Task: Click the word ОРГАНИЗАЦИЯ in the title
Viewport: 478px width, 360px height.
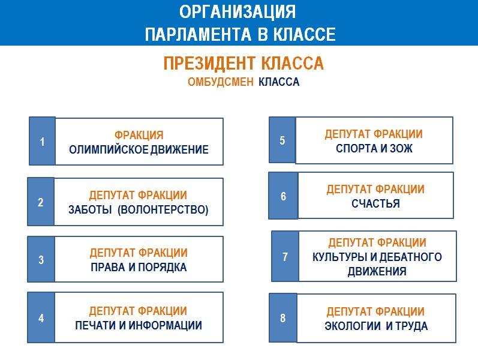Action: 238,12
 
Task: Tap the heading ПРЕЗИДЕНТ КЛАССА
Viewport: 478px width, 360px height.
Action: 243,64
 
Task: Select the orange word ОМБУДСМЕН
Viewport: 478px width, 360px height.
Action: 220,82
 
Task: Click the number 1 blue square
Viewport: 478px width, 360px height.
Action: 42,141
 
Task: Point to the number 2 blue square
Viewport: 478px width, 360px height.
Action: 41,202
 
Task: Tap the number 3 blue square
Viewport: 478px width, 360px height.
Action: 41,259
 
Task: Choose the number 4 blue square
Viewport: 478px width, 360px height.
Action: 41,317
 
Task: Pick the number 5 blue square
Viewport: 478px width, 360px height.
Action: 282,140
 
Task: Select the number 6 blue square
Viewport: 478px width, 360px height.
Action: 283,196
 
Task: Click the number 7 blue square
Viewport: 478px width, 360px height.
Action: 285,256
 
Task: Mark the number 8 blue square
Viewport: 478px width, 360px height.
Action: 283,318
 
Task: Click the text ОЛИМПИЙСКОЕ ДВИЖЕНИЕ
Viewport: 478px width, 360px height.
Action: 139,150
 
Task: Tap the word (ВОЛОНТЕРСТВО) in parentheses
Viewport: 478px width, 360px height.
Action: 163,210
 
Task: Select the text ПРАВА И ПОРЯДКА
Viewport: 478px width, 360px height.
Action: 139,267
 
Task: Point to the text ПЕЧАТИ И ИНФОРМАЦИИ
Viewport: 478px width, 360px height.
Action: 139,325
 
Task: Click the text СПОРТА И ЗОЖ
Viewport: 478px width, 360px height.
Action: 374,149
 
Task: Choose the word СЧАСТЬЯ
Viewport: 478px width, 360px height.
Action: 375,203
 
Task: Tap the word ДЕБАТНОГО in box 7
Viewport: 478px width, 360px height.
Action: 411,257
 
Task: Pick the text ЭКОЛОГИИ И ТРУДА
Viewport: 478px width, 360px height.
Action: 376,326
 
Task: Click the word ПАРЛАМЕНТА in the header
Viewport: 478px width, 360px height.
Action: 198,34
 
